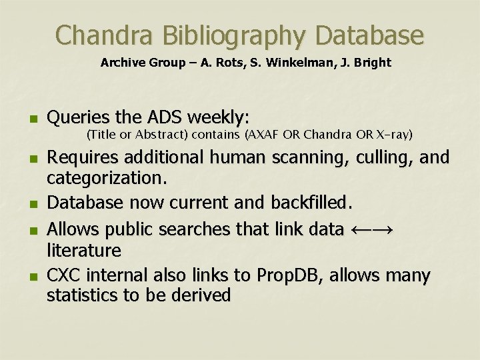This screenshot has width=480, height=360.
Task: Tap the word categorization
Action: click(x=107, y=179)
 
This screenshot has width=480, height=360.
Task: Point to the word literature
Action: click(x=84, y=251)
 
